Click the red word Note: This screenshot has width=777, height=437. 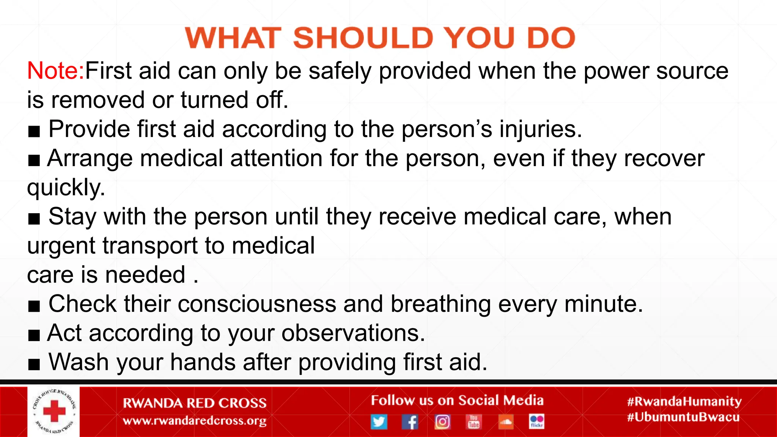point(55,71)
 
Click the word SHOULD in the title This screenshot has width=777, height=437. point(363,38)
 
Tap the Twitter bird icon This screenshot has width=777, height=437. point(379,421)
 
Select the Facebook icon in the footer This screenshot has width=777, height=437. point(410,421)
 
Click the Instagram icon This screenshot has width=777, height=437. point(442,421)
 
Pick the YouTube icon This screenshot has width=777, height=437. point(473,421)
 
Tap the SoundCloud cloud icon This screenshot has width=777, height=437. point(505,421)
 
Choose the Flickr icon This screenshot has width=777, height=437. point(536,421)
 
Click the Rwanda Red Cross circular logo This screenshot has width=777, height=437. point(53,412)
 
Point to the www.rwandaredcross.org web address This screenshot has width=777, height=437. point(195,421)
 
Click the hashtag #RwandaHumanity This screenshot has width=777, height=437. point(684,401)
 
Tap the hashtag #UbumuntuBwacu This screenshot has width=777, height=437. point(683,417)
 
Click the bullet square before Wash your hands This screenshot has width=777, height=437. point(34,364)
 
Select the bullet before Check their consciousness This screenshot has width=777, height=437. point(34,306)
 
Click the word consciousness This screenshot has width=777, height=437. point(257,304)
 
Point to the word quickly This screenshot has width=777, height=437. point(66,187)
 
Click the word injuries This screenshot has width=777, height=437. point(541,129)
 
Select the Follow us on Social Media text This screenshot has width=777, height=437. point(457,401)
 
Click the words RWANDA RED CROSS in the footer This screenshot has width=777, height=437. point(195,403)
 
